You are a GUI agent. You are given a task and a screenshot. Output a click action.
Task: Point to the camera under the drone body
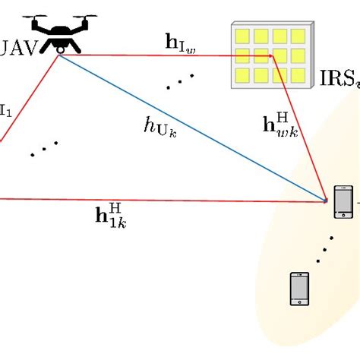point(59,49)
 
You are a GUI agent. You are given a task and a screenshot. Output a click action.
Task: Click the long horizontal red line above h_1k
point(152,200)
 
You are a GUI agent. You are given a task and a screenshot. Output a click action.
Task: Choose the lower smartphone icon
point(300,289)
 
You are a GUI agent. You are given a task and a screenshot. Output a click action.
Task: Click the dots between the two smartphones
point(327,247)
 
